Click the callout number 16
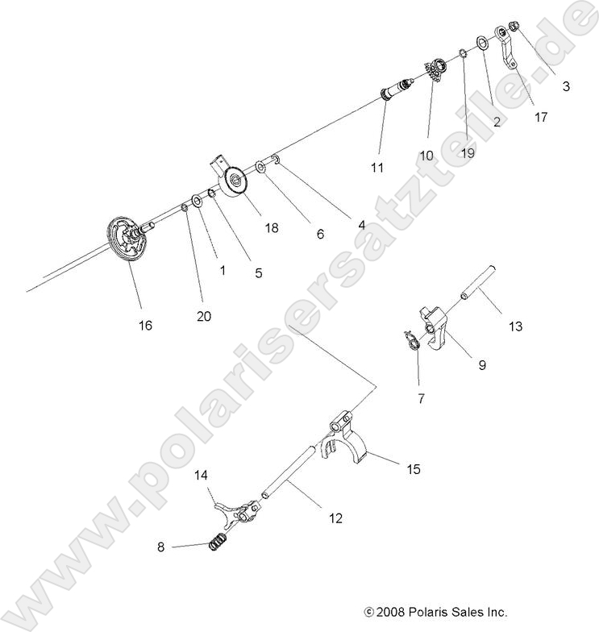pos(145,325)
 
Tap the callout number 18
pos(271,228)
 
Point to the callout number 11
pos(376,168)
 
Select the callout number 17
pos(540,117)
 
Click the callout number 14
pos(201,476)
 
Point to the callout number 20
pos(204,317)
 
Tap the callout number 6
pos(320,235)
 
